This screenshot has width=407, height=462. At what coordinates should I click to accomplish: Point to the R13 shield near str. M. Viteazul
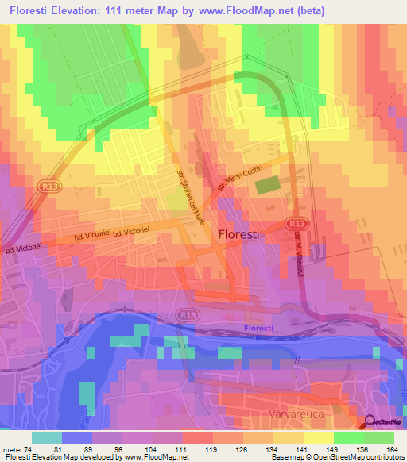[x=297, y=224]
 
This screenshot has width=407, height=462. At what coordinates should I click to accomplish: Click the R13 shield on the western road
[x=47, y=185]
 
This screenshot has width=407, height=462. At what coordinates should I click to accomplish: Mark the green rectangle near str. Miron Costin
[x=267, y=184]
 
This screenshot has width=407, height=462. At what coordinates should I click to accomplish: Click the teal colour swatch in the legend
[x=47, y=437]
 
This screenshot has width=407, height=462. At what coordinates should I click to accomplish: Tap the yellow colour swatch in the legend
[x=319, y=437]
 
